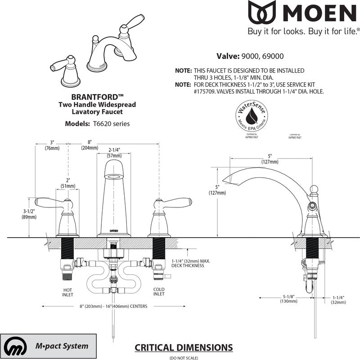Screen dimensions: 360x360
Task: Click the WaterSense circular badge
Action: pos(252,116)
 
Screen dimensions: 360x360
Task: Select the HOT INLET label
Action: pos(67,292)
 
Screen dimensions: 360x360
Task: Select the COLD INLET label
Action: pos(158,292)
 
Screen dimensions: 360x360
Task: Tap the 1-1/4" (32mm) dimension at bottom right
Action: pos(337,299)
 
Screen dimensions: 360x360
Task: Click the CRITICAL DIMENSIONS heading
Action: pos(184,347)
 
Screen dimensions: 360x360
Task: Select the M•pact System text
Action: pos(62,346)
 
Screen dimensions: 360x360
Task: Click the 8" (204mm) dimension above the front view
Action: pos(90,145)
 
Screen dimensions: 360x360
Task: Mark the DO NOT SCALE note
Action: pos(183,357)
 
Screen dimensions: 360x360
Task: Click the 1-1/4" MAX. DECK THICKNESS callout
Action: pos(190,263)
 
